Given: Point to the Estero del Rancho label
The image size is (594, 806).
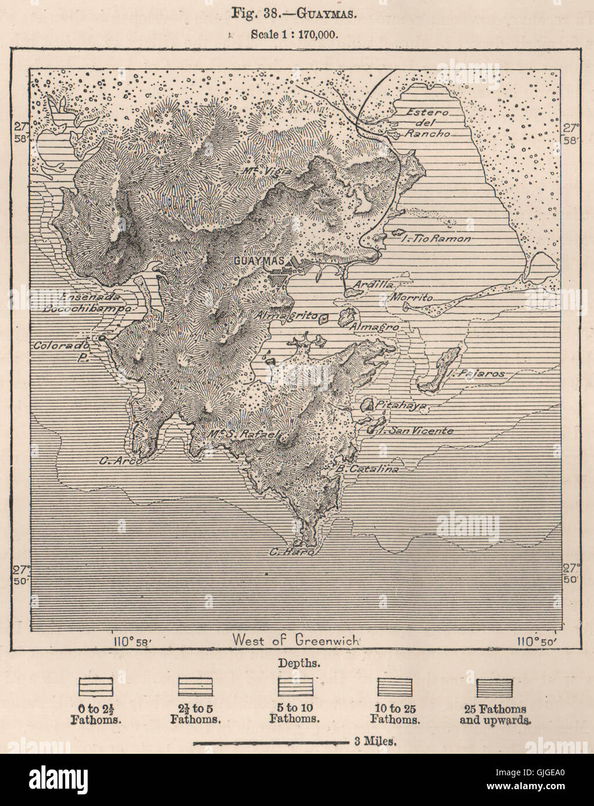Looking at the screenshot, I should point(428,122).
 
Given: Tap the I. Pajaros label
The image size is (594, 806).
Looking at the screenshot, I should point(480,374).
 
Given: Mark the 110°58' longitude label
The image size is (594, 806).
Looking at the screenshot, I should point(133,641).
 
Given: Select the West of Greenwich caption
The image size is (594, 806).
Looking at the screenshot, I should point(296,640).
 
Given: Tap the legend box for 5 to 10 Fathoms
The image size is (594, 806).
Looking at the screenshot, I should point(294,688).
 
